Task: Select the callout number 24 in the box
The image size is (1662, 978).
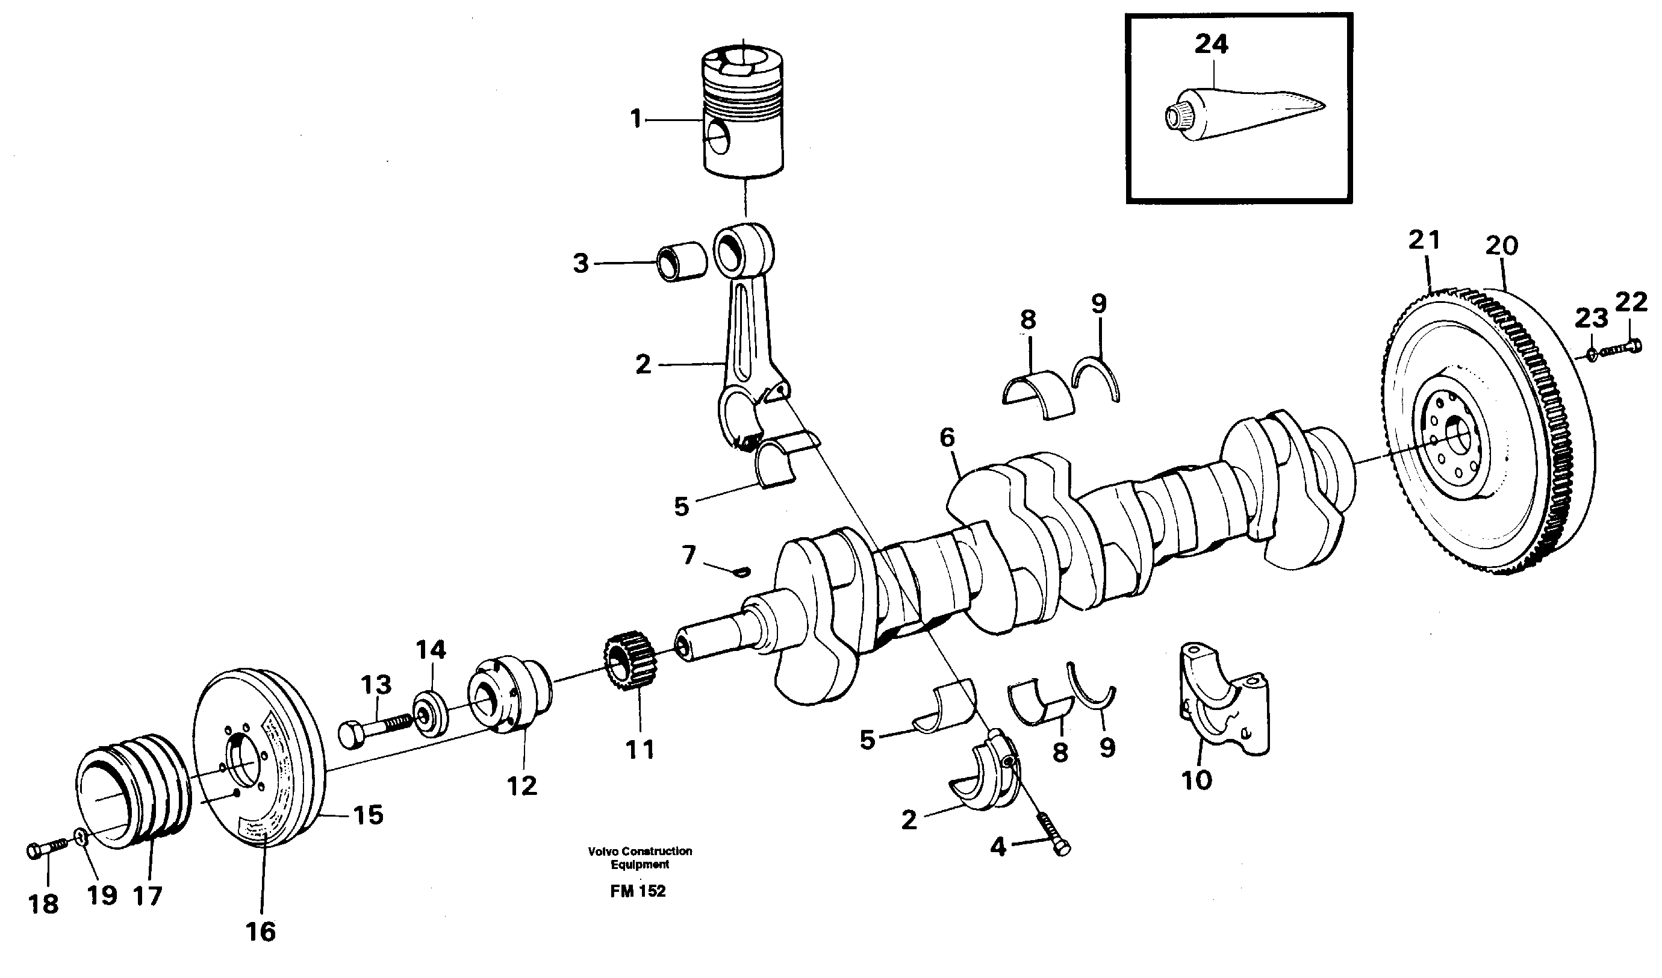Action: (x=1211, y=44)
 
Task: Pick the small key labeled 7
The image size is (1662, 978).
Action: (x=741, y=571)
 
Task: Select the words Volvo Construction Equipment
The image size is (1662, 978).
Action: (x=640, y=858)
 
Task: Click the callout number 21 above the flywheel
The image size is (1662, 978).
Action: (x=1424, y=240)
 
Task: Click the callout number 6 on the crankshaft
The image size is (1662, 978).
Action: (x=947, y=437)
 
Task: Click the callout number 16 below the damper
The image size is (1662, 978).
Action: (x=260, y=932)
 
